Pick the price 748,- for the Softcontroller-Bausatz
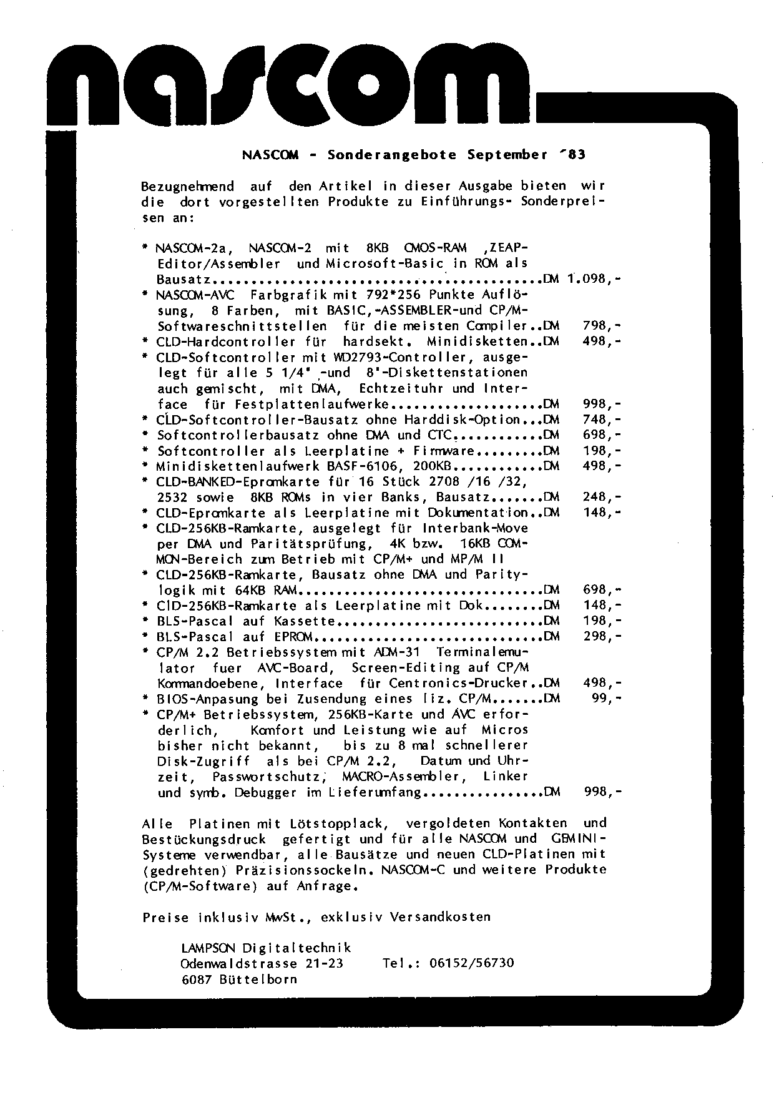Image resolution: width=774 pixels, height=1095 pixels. pos(602,420)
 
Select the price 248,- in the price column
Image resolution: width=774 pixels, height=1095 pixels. pos(602,498)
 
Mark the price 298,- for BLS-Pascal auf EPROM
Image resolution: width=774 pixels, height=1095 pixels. pos(602,637)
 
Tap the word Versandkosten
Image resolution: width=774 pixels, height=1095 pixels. pos(441,917)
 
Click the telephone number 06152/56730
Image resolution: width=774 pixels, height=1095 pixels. pos(472,963)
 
